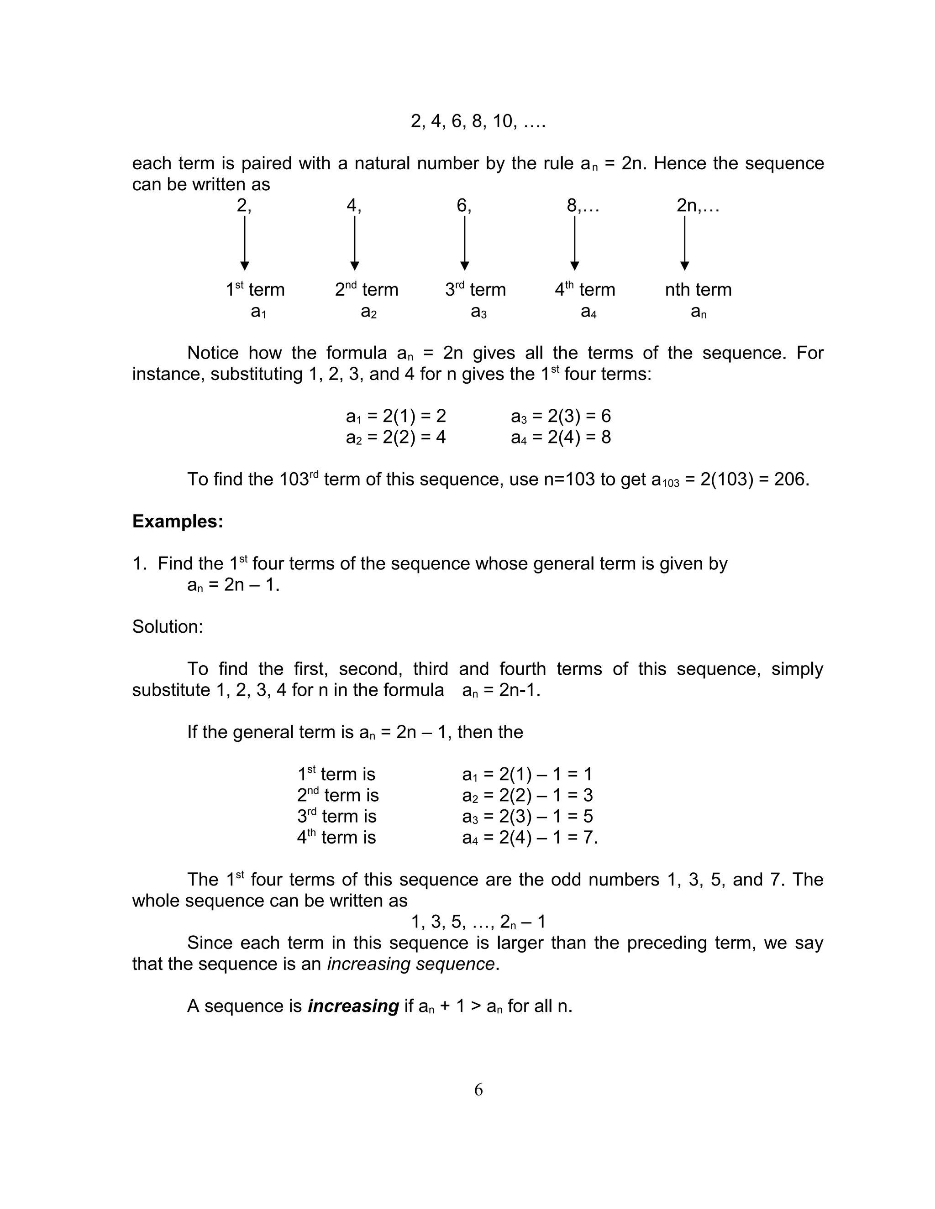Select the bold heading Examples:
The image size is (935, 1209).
pos(177,521)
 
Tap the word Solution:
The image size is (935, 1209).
pos(167,627)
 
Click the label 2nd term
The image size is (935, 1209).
pos(366,290)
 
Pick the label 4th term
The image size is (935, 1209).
pos(585,290)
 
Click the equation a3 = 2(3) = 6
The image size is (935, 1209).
pos(561,416)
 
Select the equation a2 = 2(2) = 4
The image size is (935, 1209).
pos(395,438)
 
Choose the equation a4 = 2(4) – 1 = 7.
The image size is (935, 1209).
pos(530,838)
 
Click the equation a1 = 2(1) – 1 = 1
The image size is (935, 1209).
pos(527,775)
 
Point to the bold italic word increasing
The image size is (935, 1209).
pos(353,1006)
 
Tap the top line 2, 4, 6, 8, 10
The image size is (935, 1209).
pos(478,121)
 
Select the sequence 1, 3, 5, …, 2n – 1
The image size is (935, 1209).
pos(478,922)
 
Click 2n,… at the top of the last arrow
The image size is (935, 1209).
pos(698,205)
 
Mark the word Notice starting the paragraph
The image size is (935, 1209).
pos(213,353)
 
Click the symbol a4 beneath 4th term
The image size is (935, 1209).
pos(588,312)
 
